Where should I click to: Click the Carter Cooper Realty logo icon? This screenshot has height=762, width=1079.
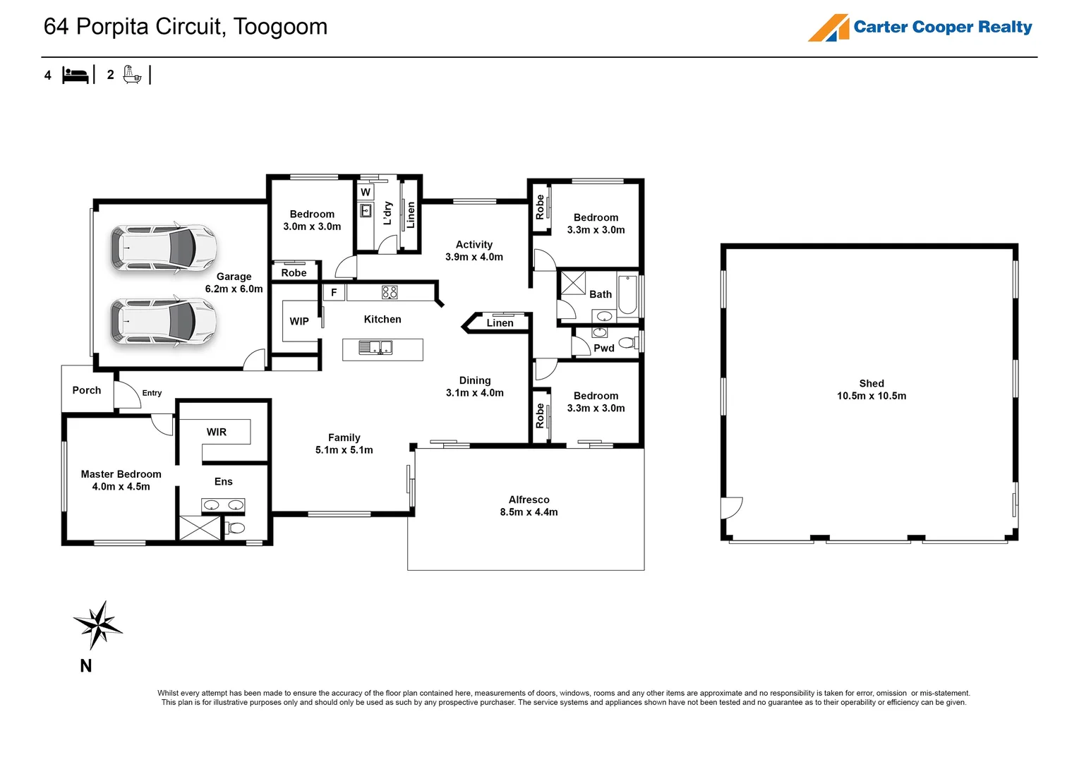[x=828, y=28]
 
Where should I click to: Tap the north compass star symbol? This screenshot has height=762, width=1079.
[x=98, y=624]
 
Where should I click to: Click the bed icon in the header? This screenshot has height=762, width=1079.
[x=75, y=75]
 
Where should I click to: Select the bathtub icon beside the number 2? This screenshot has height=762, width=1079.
[x=132, y=75]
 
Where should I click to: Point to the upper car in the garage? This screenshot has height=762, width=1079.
[x=163, y=248]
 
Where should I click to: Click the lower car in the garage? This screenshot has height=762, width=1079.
[x=163, y=321]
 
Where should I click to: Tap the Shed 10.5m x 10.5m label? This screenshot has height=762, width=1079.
[x=872, y=389]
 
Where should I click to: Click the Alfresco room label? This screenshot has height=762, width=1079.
[x=529, y=506]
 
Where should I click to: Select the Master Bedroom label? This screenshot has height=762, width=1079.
[x=121, y=480]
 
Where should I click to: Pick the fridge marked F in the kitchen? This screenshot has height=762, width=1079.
[x=334, y=293]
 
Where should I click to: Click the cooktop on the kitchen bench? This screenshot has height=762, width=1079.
[x=390, y=292]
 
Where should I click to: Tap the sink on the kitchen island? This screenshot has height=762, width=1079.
[x=375, y=347]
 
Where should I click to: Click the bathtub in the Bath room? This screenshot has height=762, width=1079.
[x=627, y=294]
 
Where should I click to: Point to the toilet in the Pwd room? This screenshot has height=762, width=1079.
[x=628, y=342]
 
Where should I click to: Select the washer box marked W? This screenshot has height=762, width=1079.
[x=366, y=192]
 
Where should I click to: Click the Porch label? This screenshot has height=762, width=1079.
[x=87, y=390]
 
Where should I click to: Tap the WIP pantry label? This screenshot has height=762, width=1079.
[x=299, y=321]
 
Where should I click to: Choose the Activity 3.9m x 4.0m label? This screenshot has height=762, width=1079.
[x=474, y=250]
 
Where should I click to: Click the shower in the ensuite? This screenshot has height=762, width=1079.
[x=200, y=528]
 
